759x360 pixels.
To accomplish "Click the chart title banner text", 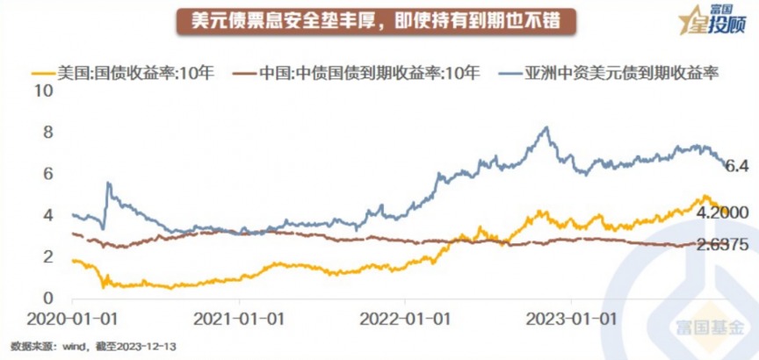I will pos(379,19).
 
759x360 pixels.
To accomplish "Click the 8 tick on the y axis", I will pos(49,133).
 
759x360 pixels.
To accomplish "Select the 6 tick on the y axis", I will pos(49,174).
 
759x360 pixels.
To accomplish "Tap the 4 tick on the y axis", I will pos(49,215).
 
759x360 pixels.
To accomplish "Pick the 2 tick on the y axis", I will pos(49,256).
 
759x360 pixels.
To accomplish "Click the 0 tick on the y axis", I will pos(49,298).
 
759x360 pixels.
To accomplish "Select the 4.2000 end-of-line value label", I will pos(722,212).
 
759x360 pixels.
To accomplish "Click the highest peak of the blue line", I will pos(546,127).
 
